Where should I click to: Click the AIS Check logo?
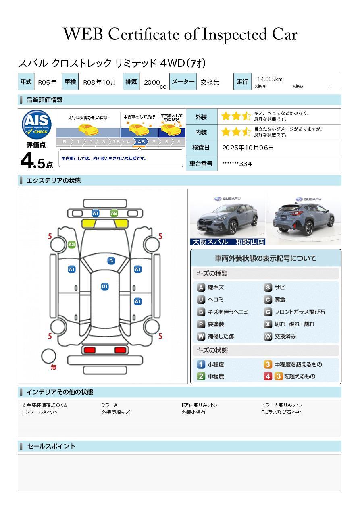coord(37,124)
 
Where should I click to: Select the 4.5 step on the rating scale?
coord(141,142)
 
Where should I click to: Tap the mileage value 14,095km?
coord(270,79)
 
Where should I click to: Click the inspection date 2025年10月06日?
coord(248,148)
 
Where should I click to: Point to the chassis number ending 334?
coord(237,164)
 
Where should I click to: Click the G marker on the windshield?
coord(111,261)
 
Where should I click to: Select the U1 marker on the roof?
coord(104,287)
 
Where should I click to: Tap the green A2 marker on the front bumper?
coord(114,213)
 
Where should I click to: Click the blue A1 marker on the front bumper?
coord(95,213)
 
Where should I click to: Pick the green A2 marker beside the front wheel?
coord(72,245)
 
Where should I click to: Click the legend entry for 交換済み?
coord(280,337)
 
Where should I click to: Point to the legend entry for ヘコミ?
coord(210,300)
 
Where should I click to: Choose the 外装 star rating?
coord(236,116)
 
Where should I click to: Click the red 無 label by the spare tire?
coord(54,367)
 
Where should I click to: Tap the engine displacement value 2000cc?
coord(155,83)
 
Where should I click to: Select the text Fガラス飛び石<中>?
coord(282,412)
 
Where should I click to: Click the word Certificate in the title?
coord(144,34)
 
